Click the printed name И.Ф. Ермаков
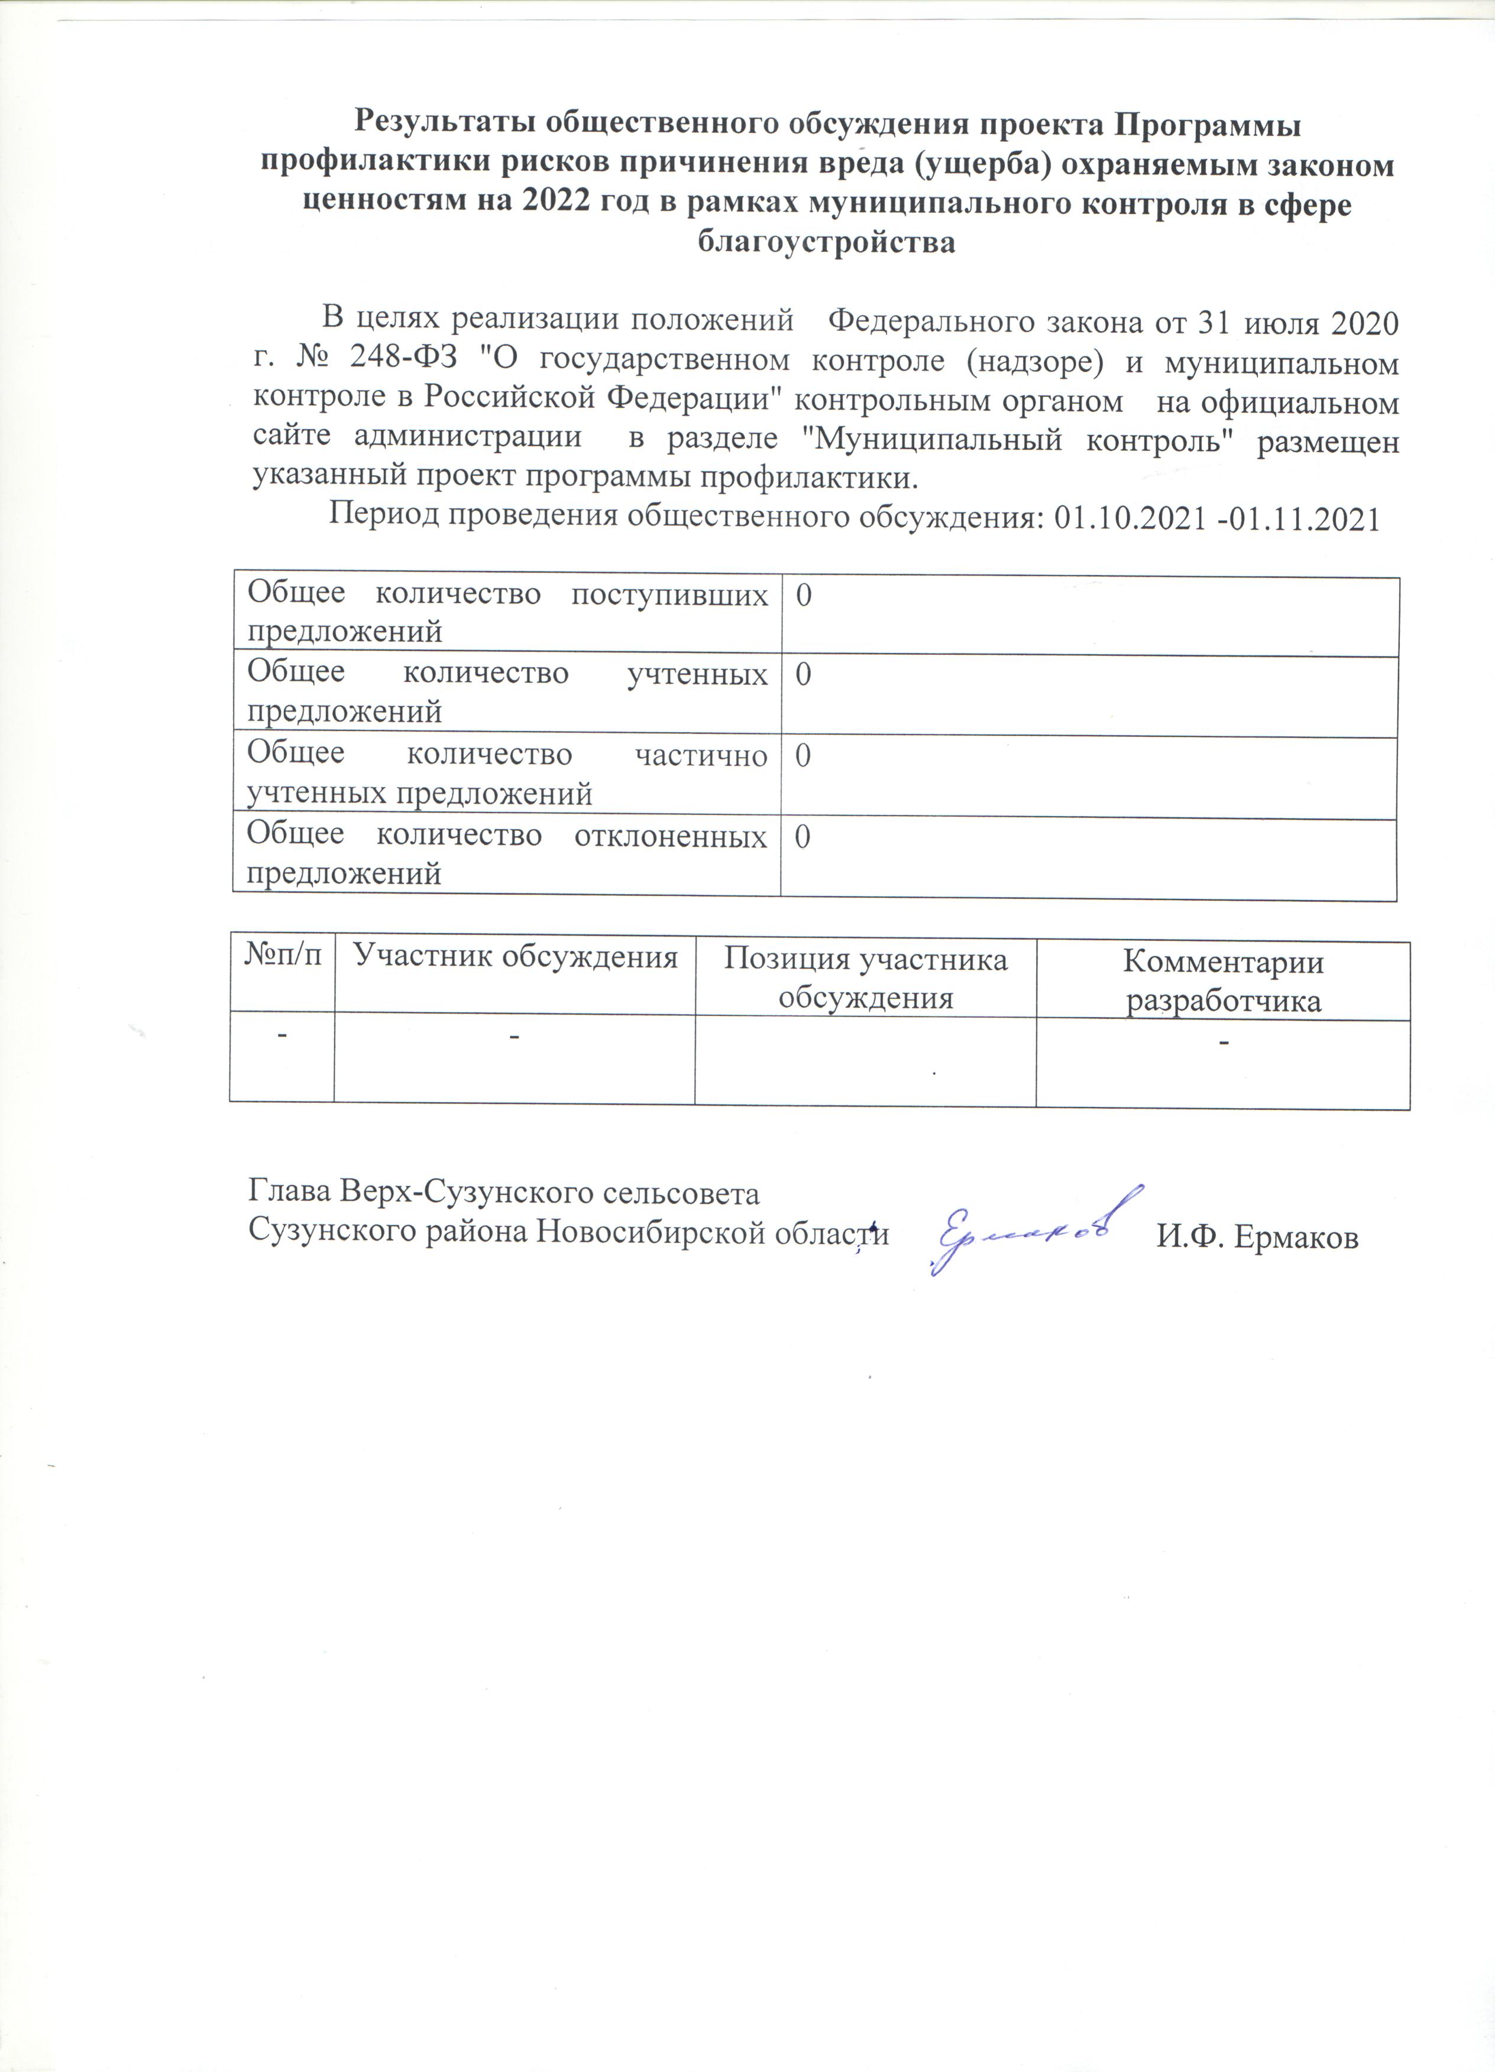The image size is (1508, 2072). point(1258,1239)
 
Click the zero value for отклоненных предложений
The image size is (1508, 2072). point(802,839)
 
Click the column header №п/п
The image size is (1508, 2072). point(283,959)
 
